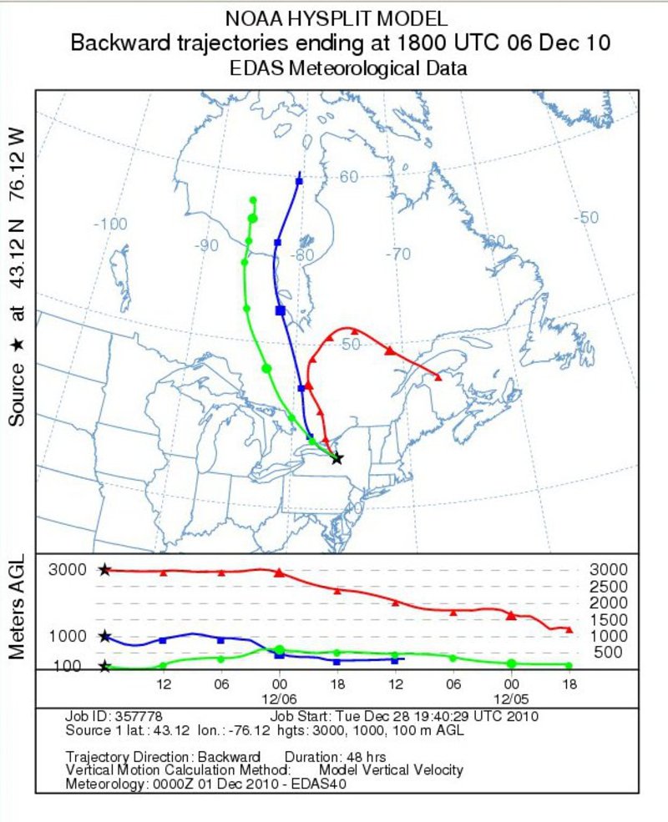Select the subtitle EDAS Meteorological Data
348,69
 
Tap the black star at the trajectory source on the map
337,458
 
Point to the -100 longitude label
109,224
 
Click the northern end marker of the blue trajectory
299,180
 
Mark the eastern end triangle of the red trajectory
438,376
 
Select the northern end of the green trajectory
253,199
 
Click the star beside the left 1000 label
104,636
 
